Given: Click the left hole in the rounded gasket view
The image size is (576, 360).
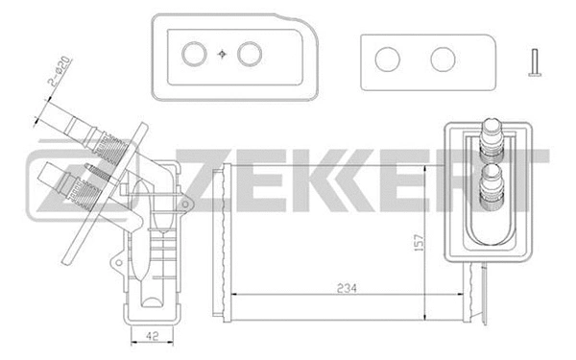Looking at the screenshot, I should tap(196, 55).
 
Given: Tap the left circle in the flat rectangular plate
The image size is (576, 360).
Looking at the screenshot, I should tap(388, 60).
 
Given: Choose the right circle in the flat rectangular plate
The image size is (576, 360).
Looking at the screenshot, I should tap(442, 60).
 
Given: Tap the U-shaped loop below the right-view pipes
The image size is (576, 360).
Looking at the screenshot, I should tap(492, 230).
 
